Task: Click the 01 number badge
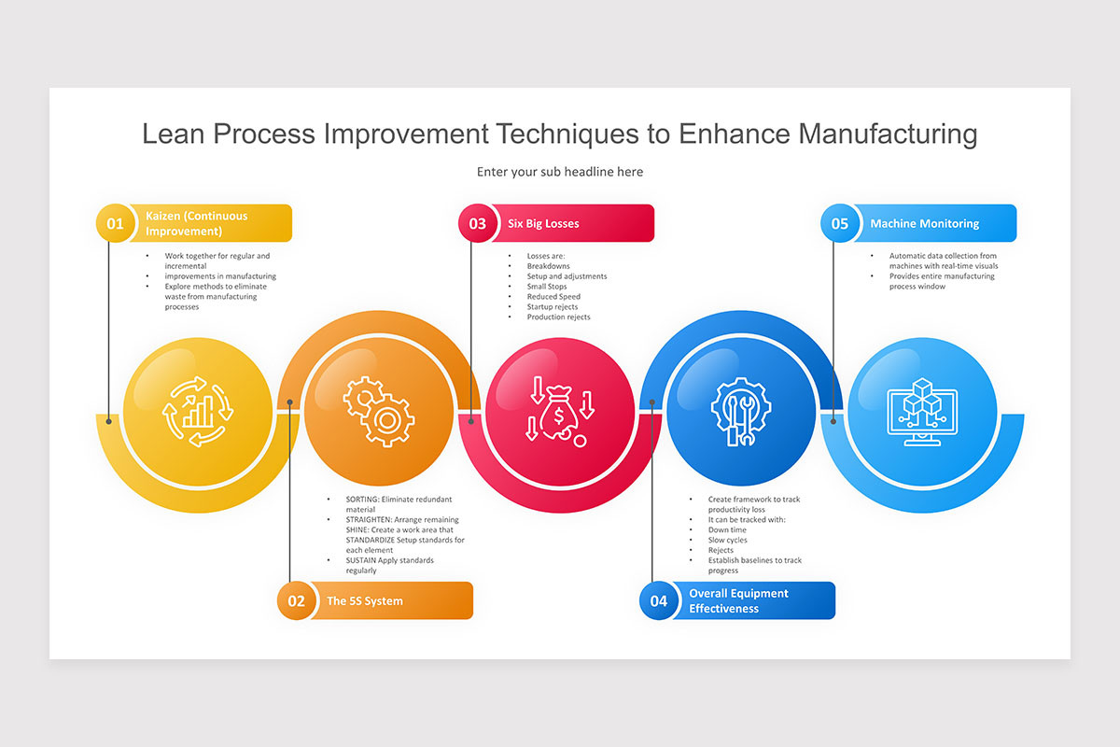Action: coord(115,223)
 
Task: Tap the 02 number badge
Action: coord(296,600)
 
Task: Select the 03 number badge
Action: coord(477,223)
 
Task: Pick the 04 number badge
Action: coord(658,600)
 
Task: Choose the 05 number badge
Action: coord(839,223)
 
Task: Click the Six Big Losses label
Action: coord(543,224)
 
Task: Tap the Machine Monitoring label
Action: coord(924,224)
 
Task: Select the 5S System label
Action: coord(365,601)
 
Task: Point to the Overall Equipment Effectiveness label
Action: coord(738,600)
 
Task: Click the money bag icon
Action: coord(559,411)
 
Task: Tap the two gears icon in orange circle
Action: coord(378,411)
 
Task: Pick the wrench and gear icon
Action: coord(740,411)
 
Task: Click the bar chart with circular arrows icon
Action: coord(197,411)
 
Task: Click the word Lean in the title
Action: coord(173,134)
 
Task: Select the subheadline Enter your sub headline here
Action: coord(560,172)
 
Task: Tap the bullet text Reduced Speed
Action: coord(553,297)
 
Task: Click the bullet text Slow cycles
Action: coord(727,541)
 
